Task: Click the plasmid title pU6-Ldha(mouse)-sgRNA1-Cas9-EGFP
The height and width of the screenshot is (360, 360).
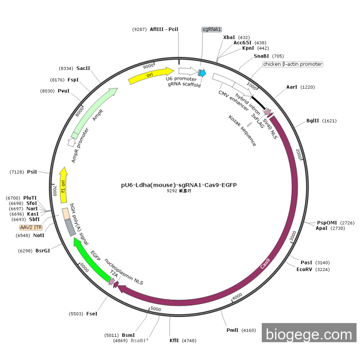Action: coord(179,185)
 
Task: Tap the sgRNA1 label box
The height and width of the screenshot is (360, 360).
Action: coord(211,29)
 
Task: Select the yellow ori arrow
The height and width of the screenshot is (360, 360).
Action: coord(151,75)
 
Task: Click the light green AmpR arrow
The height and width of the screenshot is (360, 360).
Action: coord(96,109)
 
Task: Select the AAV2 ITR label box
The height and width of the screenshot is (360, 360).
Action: coord(31,227)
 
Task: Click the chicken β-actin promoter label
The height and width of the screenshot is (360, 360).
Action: coord(293,64)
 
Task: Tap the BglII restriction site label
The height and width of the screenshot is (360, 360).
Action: coord(314,121)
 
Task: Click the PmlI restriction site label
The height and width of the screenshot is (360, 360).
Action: coord(233,330)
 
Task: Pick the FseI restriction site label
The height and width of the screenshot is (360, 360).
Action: coord(91,313)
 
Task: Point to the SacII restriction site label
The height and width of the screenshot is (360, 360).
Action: coord(83,68)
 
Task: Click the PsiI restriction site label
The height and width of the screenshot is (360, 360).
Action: coord(32,172)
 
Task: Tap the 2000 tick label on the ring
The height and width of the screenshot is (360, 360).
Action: coord(299,153)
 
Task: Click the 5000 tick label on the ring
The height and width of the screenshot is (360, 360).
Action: coord(156,309)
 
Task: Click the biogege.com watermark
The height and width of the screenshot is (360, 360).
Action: coord(309,334)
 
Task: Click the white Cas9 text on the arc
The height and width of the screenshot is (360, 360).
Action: coord(265,264)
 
